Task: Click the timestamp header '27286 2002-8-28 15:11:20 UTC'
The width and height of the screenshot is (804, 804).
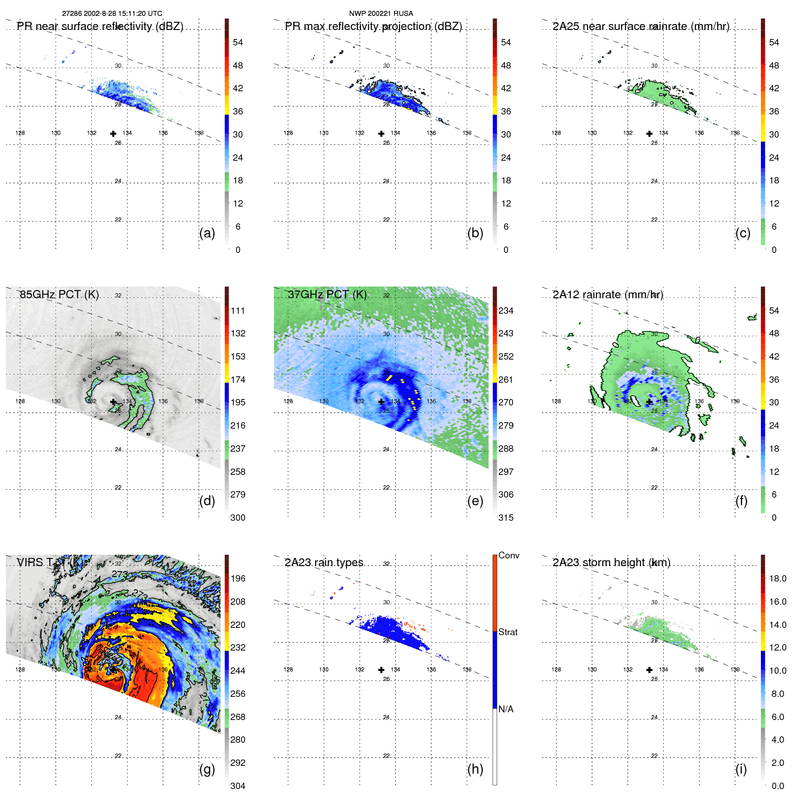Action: [112, 14]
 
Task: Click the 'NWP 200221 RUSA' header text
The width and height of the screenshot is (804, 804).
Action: [381, 14]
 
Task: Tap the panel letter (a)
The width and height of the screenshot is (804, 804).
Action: [207, 233]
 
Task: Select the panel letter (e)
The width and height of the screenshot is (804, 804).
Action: [475, 501]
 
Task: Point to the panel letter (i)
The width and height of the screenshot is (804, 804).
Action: [741, 769]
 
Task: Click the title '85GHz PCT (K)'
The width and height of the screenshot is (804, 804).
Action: [59, 294]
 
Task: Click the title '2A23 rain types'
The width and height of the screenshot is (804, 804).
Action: [324, 562]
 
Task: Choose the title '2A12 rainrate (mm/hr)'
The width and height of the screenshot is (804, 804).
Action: [607, 295]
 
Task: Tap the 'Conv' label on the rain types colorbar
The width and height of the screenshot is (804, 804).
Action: [508, 555]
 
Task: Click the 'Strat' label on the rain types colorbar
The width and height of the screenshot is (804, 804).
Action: [508, 632]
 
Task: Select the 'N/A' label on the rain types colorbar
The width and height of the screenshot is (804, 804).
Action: [506, 709]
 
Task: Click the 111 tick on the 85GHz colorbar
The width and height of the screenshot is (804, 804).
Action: [238, 311]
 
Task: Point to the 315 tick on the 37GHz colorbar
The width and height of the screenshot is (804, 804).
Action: [506, 518]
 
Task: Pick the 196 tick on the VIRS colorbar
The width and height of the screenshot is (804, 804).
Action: [238, 578]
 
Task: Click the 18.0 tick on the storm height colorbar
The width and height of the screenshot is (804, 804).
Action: [778, 578]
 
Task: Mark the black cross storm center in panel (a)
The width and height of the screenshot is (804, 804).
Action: [113, 133]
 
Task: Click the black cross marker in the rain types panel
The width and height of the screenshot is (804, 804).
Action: [381, 670]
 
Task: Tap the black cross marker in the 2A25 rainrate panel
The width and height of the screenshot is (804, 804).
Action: [649, 133]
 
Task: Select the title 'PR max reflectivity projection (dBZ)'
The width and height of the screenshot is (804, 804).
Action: [373, 26]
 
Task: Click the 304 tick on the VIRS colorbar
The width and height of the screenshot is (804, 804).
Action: [238, 786]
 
